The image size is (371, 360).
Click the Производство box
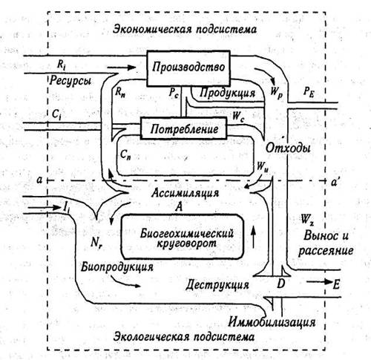click(x=188, y=68)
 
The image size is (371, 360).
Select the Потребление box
click(x=183, y=128)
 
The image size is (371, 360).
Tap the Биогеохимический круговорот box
click(x=183, y=237)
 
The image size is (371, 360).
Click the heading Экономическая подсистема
click(x=185, y=29)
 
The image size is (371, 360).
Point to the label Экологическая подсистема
click(x=184, y=337)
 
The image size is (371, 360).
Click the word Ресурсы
click(x=70, y=81)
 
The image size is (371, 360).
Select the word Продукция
click(x=227, y=93)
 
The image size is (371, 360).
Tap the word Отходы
click(x=288, y=148)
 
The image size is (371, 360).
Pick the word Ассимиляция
click(x=185, y=193)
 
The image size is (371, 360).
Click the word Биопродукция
click(x=117, y=266)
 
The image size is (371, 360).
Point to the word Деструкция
click(x=217, y=284)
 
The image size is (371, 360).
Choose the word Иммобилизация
click(x=272, y=322)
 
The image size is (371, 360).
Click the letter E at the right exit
click(x=336, y=285)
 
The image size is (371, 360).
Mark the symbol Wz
click(x=307, y=219)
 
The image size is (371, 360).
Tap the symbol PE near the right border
click(x=309, y=92)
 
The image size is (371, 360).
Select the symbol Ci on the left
click(x=56, y=114)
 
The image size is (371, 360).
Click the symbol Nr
click(x=96, y=242)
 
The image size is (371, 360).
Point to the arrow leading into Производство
click(x=122, y=67)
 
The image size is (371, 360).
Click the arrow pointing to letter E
click(x=319, y=282)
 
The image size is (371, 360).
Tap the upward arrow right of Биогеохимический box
click(x=253, y=238)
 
